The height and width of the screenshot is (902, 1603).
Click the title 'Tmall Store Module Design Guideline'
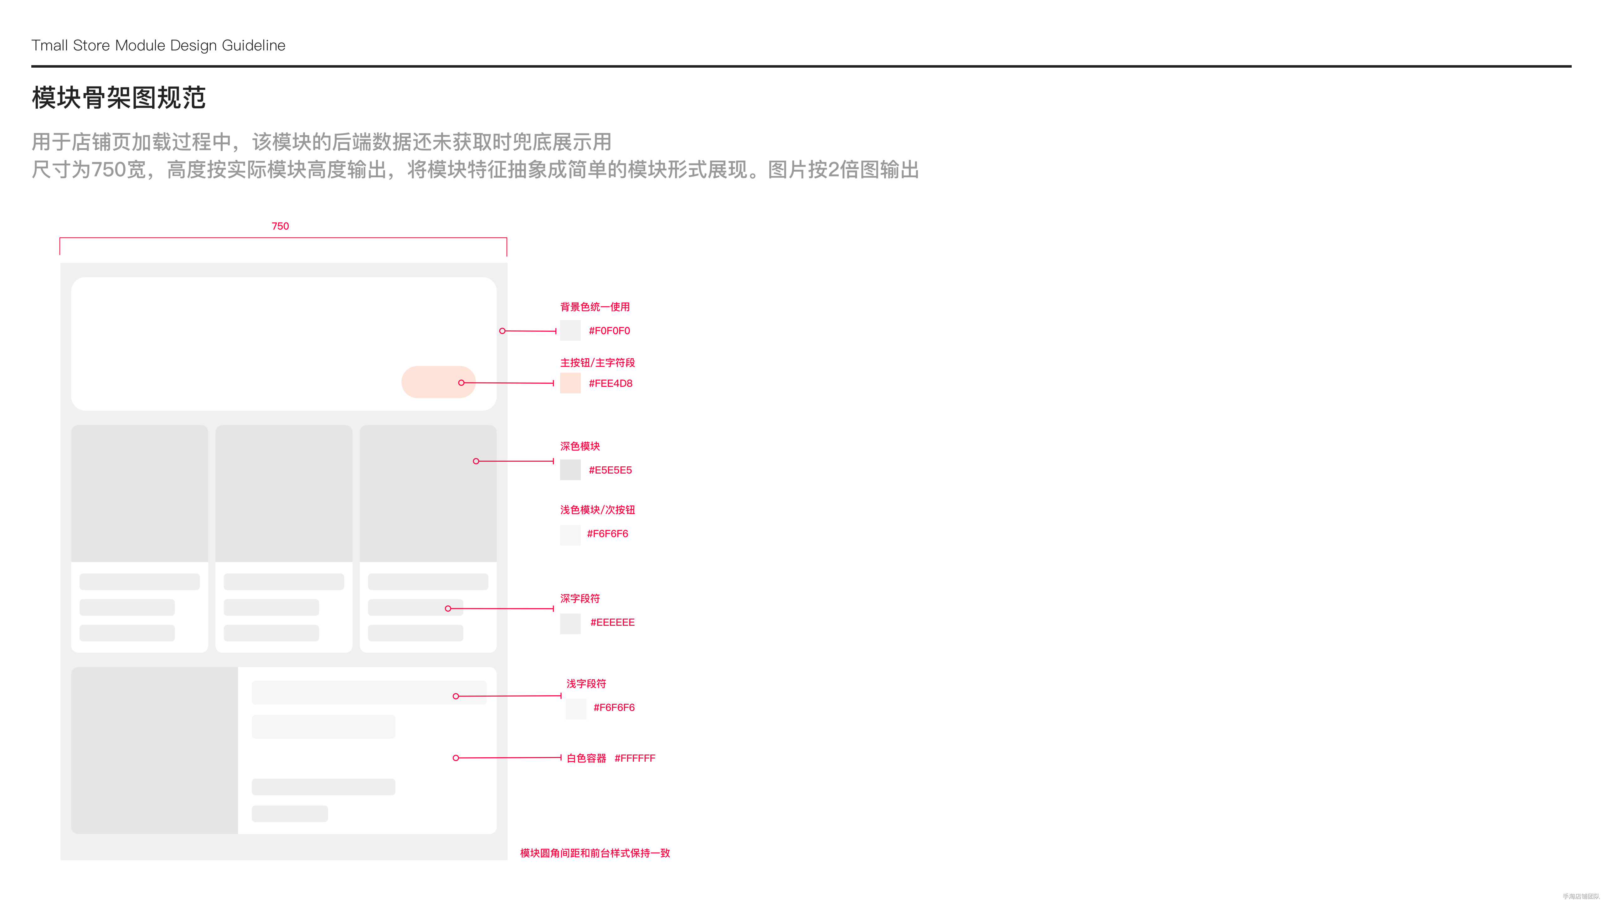(158, 45)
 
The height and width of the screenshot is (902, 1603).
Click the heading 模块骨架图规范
(118, 98)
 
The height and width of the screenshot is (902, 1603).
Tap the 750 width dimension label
(280, 226)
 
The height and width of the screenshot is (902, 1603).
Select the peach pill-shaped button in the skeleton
(438, 382)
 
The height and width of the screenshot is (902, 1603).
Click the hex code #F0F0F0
(609, 330)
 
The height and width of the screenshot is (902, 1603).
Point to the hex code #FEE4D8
(611, 383)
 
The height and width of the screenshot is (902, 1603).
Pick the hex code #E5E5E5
(610, 470)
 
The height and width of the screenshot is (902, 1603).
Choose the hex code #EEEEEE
(612, 623)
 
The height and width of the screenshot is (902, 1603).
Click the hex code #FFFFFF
(635, 758)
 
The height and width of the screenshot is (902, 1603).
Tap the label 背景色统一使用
(595, 307)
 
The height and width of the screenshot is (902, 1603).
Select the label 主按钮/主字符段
(597, 362)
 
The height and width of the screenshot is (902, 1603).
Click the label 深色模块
(580, 446)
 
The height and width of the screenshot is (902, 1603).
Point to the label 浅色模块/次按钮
(597, 510)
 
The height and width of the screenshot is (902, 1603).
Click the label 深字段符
(580, 598)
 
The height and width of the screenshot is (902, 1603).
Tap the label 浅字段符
(586, 683)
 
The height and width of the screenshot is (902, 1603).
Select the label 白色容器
(586, 758)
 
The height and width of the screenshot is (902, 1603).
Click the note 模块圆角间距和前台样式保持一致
(595, 853)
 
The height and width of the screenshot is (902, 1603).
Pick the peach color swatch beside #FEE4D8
(570, 383)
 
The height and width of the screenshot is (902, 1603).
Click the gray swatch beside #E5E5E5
(570, 470)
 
